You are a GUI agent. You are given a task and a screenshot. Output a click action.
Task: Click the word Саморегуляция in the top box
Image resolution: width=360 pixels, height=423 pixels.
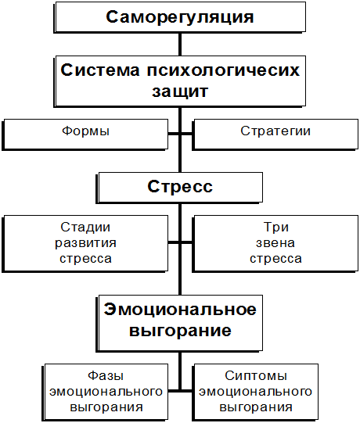(x=180, y=17)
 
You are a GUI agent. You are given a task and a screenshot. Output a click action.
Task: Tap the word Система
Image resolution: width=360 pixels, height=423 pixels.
(x=100, y=70)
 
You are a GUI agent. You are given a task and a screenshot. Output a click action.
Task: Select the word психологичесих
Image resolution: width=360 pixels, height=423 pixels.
(x=223, y=71)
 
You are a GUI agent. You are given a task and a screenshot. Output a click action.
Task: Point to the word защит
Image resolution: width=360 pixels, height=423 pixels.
(x=180, y=92)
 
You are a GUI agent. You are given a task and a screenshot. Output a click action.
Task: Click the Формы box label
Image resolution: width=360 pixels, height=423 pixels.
(x=85, y=131)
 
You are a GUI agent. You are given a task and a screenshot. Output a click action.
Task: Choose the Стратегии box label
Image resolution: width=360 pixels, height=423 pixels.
(x=275, y=131)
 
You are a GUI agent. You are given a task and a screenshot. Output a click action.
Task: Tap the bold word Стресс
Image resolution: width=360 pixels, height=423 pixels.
(x=180, y=186)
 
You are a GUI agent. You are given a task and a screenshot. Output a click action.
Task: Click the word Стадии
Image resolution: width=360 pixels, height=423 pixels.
(x=85, y=228)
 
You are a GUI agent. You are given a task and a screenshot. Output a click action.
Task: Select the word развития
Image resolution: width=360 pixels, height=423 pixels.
(x=85, y=243)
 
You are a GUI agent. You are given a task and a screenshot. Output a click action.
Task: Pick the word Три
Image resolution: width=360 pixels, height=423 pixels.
(x=276, y=228)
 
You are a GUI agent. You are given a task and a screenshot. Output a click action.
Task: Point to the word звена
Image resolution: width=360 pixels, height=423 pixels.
(x=275, y=243)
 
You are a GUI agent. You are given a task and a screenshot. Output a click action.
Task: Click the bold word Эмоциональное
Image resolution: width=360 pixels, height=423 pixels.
(x=180, y=309)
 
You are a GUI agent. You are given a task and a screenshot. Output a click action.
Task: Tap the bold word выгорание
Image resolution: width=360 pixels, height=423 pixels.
(x=180, y=331)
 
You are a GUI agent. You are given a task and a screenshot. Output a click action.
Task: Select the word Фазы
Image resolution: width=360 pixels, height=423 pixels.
(x=106, y=376)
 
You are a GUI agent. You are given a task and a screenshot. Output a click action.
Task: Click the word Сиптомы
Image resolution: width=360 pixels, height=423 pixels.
(x=256, y=376)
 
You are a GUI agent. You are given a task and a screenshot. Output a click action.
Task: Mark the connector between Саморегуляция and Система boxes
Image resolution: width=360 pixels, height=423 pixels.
(x=180, y=45)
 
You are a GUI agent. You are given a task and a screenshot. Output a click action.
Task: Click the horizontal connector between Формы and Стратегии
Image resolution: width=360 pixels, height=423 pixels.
(x=180, y=134)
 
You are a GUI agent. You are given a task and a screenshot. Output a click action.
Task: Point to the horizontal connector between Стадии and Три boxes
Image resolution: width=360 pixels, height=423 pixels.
(x=180, y=242)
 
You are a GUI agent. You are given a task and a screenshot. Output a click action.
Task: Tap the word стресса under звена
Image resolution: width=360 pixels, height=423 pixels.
(x=275, y=259)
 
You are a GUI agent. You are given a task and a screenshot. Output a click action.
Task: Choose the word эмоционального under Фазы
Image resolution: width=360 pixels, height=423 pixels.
(x=106, y=392)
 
